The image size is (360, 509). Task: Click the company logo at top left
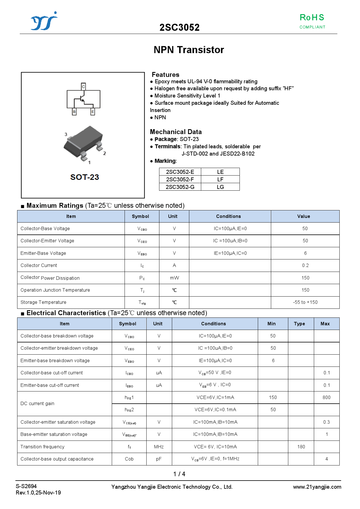[44, 21]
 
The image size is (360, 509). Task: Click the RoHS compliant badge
[312, 21]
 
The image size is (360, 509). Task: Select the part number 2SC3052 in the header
[179, 28]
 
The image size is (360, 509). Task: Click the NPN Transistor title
[189, 50]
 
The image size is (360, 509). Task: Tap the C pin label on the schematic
[83, 86]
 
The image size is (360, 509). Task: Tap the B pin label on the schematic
[74, 112]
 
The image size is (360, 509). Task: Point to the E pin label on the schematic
[93, 112]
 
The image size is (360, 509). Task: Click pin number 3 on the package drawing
[66, 134]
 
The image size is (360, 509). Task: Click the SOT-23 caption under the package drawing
[84, 177]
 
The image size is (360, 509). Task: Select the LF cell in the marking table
[220, 179]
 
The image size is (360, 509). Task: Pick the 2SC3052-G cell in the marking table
[180, 187]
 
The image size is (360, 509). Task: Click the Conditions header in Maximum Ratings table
[228, 216]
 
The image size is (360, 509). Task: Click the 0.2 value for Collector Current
[305, 265]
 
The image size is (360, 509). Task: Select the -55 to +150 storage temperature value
[305, 302]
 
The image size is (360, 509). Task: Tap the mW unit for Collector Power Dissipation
[174, 278]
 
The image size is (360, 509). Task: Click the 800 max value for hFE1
[326, 397]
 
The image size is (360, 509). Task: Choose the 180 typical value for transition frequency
[301, 447]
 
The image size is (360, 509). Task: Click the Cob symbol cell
[129, 459]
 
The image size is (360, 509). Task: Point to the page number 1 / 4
[179, 474]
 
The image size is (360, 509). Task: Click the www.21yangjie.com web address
[317, 487]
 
